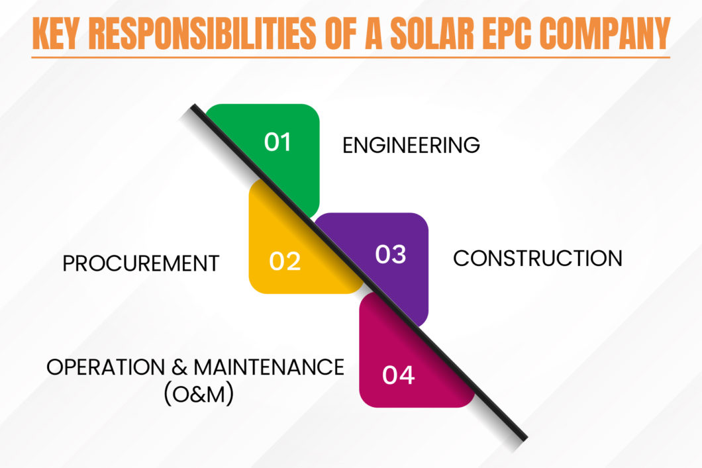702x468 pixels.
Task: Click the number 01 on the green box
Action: click(x=277, y=142)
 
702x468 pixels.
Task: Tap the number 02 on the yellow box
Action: click(x=285, y=261)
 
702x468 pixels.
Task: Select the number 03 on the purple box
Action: click(x=390, y=254)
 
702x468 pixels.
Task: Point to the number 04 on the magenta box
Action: click(x=398, y=375)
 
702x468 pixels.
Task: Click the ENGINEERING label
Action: click(x=411, y=145)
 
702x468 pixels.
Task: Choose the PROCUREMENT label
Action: click(x=140, y=263)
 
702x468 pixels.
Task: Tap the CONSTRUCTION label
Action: click(x=537, y=258)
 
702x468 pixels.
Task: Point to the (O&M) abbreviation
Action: click(x=198, y=396)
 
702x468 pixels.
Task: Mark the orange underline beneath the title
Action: click(x=350, y=58)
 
